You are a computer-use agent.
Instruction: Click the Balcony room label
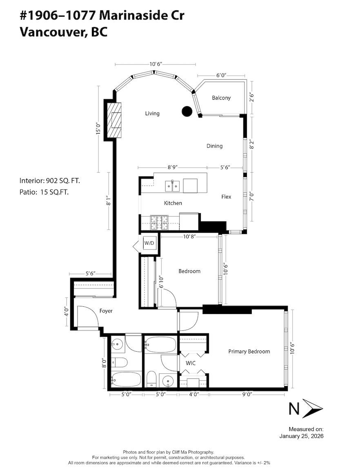pyautogui.click(x=221, y=98)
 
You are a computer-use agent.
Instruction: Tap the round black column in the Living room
pyautogui.click(x=187, y=111)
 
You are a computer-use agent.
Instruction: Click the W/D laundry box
pyautogui.click(x=149, y=243)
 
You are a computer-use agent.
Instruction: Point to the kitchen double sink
pyautogui.click(x=173, y=186)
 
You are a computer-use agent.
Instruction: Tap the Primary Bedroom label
pyautogui.click(x=249, y=351)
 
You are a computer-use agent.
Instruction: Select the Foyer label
pyautogui.click(x=106, y=311)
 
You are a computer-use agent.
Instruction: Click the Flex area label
pyautogui.click(x=226, y=197)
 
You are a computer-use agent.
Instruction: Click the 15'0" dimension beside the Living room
pyautogui.click(x=98, y=129)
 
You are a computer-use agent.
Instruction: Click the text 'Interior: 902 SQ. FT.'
pyautogui.click(x=53, y=181)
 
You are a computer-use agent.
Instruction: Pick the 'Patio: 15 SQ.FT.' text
pyautogui.click(x=44, y=192)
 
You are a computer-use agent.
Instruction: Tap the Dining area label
pyautogui.click(x=214, y=146)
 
